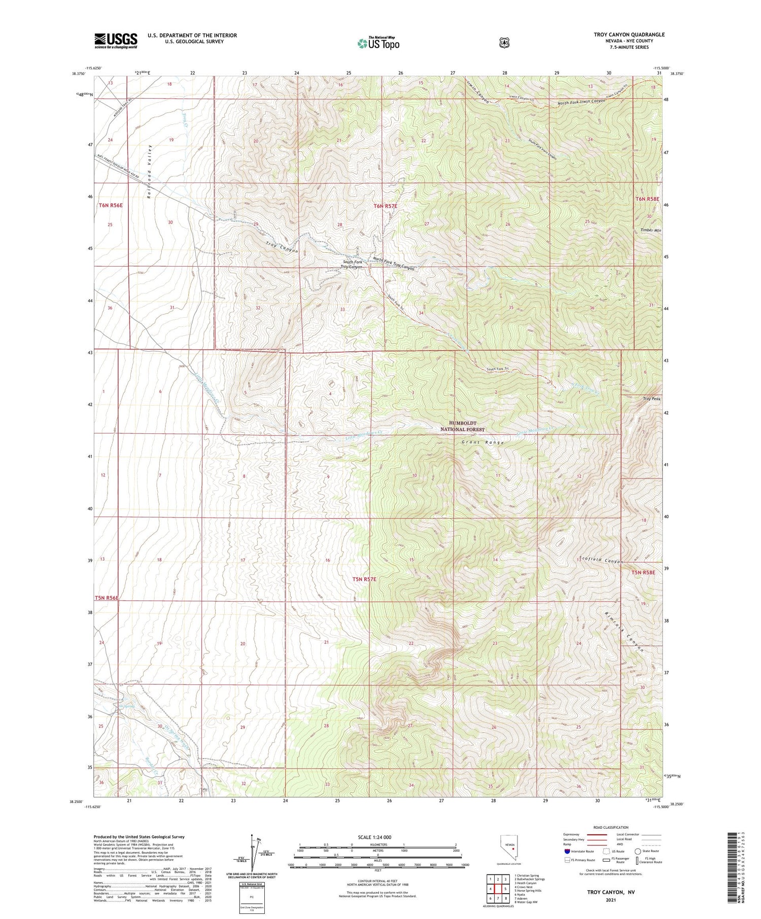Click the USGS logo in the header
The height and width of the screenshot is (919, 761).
pos(116,41)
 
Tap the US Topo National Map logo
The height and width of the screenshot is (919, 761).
pos(378,43)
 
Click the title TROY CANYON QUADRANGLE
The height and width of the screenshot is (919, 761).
pos(629,34)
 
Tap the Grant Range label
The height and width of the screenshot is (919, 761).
pos(482,443)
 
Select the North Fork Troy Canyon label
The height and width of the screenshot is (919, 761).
pos(394,264)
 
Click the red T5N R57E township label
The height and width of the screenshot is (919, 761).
pos(364,578)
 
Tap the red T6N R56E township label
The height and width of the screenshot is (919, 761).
pos(111,205)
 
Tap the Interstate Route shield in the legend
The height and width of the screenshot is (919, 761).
pos(567,851)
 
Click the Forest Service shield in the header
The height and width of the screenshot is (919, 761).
pos(503,43)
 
